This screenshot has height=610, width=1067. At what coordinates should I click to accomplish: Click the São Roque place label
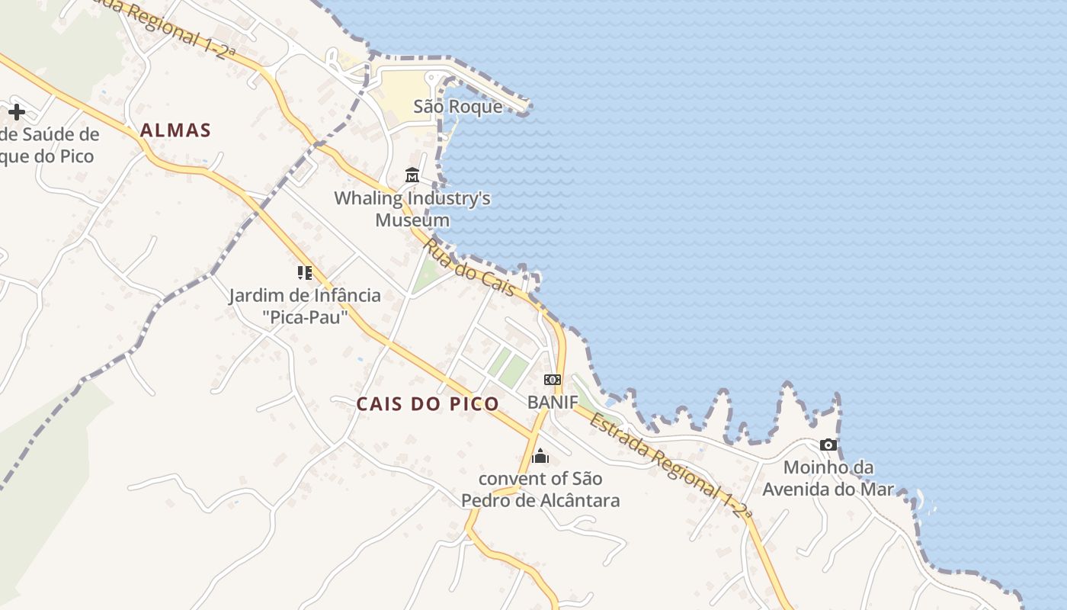(x=458, y=107)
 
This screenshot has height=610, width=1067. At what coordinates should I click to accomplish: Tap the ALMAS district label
(x=175, y=130)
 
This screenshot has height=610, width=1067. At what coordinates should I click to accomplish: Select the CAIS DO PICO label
(x=428, y=404)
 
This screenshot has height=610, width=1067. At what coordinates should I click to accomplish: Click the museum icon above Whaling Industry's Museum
(x=412, y=175)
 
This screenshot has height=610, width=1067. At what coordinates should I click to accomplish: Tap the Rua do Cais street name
(x=467, y=268)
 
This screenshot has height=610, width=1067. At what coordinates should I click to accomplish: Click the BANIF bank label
(x=553, y=402)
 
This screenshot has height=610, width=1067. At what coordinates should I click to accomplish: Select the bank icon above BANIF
(x=553, y=380)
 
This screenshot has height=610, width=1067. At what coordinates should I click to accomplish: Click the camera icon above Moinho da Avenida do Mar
(x=828, y=445)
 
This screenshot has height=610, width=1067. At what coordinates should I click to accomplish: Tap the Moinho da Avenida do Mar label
(x=828, y=478)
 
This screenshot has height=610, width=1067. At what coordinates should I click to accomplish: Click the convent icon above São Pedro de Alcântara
(x=540, y=456)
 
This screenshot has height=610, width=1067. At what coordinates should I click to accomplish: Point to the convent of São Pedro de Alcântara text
(x=540, y=490)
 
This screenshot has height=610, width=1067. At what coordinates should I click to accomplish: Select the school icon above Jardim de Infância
(x=305, y=272)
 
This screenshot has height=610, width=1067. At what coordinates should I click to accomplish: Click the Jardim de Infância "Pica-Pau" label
(x=305, y=306)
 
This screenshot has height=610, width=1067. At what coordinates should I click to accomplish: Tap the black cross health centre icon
(x=17, y=112)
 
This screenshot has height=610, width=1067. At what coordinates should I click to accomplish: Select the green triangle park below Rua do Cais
(x=428, y=274)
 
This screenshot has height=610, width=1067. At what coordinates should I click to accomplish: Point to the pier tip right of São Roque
(x=524, y=111)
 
